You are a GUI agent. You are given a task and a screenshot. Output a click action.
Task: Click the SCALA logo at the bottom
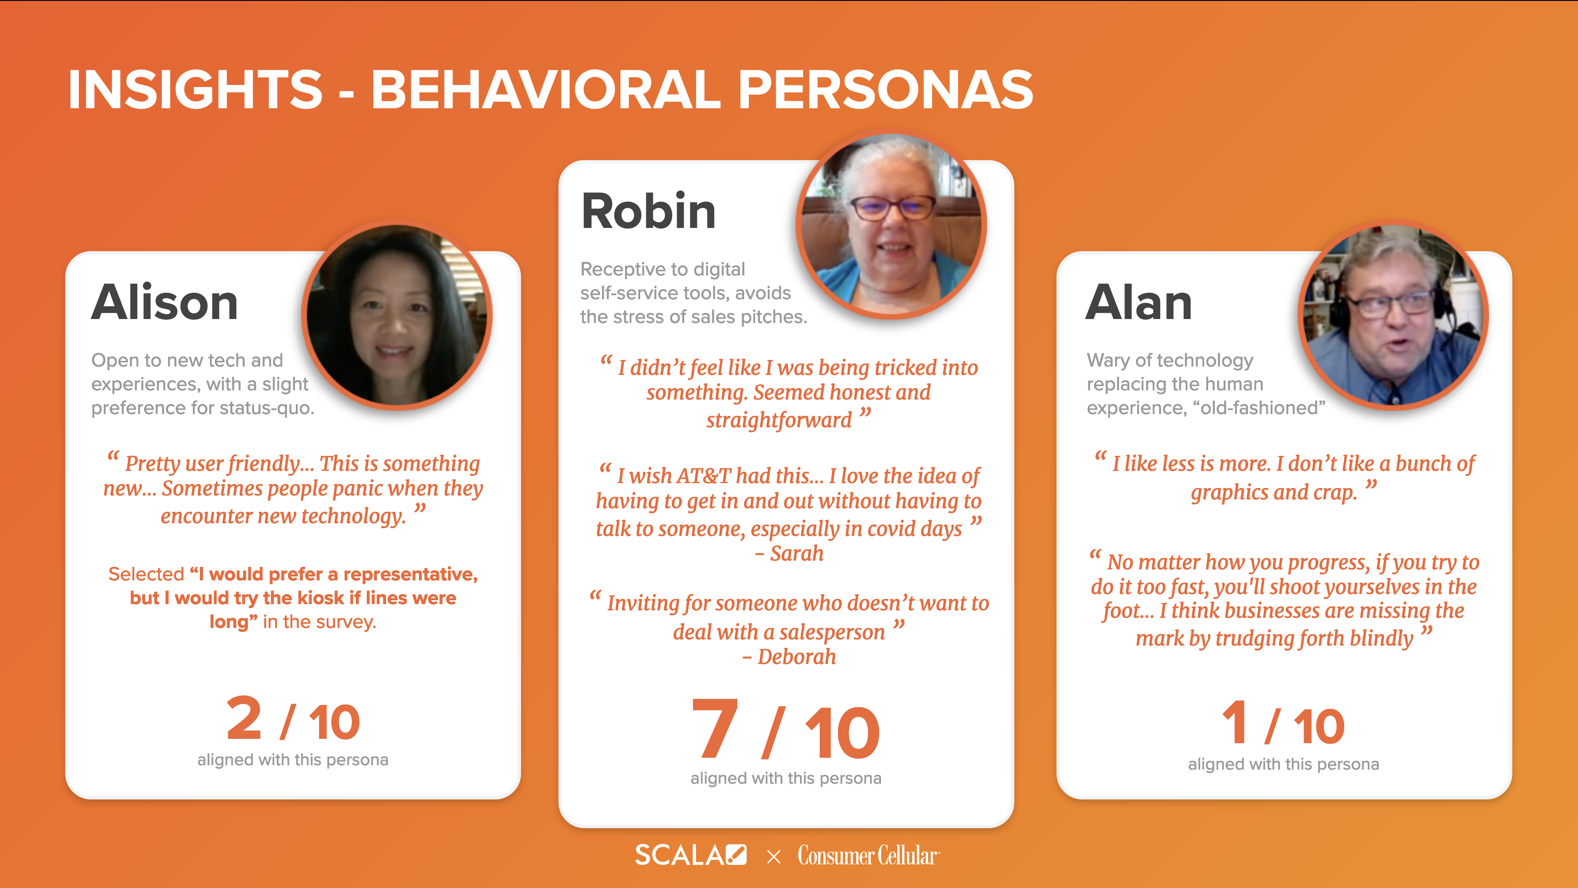(690, 855)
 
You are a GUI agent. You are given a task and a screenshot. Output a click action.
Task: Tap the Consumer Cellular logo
(868, 855)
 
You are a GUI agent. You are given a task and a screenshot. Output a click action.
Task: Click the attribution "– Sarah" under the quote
(789, 554)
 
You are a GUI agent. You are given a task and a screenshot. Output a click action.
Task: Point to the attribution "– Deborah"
(789, 657)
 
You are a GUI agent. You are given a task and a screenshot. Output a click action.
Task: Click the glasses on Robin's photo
(893, 208)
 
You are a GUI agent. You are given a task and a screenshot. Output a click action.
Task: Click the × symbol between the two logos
(773, 857)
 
